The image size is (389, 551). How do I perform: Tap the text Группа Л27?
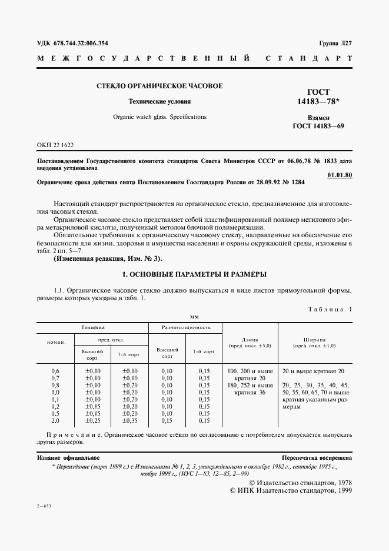tap(335, 43)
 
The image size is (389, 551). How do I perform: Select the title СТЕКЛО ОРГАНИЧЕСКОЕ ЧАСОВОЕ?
tap(159, 86)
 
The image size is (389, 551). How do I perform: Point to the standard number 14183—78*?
tap(318, 102)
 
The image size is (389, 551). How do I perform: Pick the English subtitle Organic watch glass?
tap(159, 117)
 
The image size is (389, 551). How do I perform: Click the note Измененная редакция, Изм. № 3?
tap(107, 258)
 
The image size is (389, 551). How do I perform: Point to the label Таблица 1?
tap(330, 308)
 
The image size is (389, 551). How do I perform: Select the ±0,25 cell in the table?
tap(93, 420)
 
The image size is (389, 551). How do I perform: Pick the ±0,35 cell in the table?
tap(129, 420)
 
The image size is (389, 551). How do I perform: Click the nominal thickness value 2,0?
tap(55, 420)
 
